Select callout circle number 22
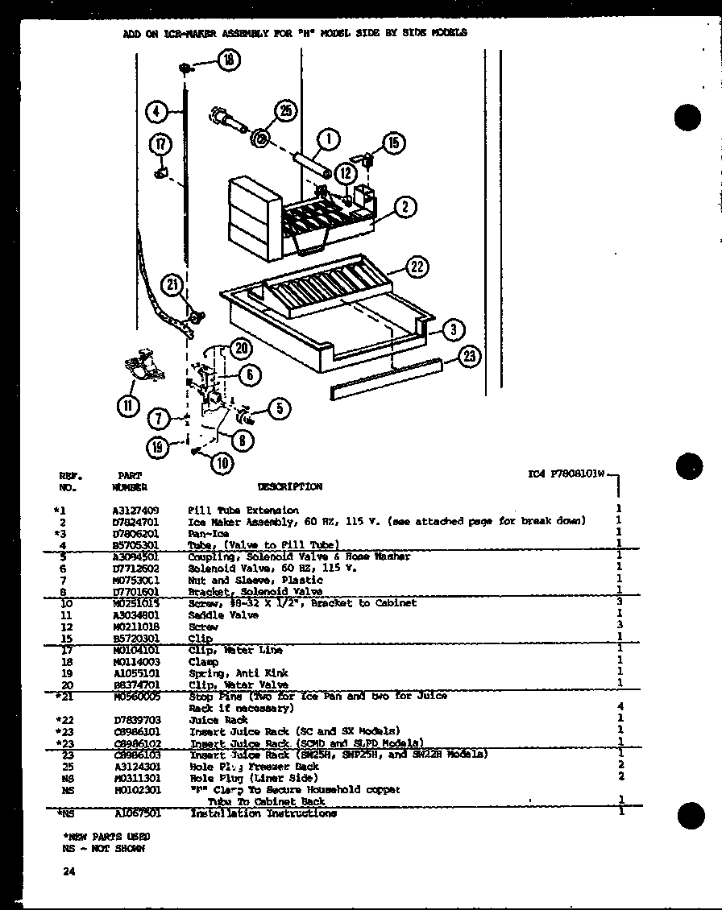click(417, 267)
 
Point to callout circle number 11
click(127, 407)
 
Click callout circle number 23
click(468, 357)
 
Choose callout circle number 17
click(160, 145)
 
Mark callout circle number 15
click(393, 144)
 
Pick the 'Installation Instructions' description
click(262, 813)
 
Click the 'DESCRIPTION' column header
click(289, 486)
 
